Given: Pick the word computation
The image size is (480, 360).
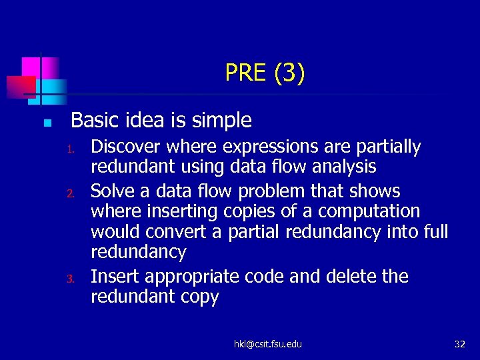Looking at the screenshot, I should [x=369, y=211].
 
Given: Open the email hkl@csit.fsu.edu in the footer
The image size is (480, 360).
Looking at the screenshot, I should [x=267, y=344].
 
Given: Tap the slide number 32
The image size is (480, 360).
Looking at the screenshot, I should [x=459, y=344].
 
